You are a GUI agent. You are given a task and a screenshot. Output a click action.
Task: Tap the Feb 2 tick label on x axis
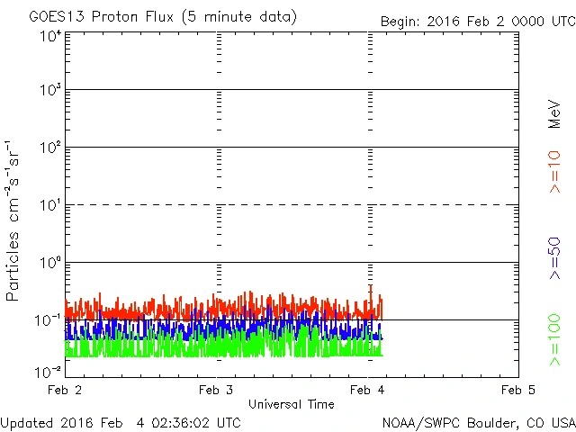coord(65,390)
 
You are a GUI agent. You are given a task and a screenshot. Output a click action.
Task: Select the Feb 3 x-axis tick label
coord(216,390)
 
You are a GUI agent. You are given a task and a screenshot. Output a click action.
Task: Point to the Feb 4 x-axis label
coord(367,390)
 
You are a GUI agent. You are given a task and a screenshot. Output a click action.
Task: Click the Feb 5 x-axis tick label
coord(518,390)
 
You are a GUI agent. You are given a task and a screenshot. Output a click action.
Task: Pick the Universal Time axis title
coord(291,404)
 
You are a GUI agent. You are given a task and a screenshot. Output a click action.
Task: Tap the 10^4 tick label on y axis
coord(50,36)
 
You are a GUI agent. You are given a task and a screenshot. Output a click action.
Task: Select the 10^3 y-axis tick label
coord(50,92)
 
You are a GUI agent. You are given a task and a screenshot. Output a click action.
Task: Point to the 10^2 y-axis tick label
coord(50,148)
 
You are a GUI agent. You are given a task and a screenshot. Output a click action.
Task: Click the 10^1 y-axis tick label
coord(50,206)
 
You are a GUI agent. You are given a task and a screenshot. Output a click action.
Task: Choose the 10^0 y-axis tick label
coord(50,264)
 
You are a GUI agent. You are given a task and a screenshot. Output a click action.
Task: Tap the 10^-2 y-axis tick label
coord(49,371)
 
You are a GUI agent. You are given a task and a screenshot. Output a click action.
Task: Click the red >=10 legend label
coord(554,171)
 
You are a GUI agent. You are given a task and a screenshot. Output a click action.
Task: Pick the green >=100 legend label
coord(554,339)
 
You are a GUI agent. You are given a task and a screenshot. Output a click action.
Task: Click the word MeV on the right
coord(554,114)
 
